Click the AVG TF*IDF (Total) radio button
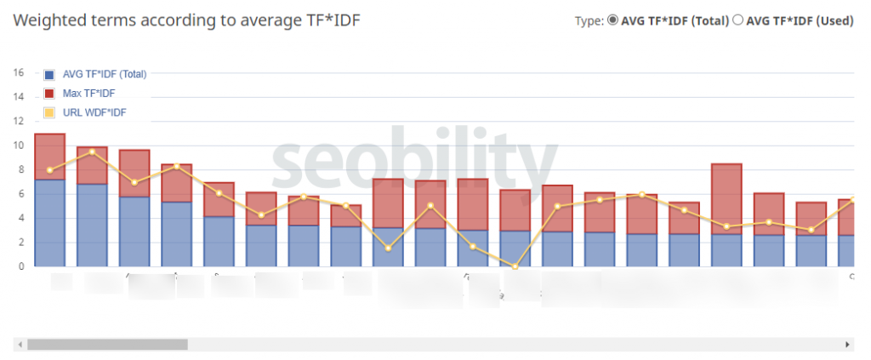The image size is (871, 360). point(612,21)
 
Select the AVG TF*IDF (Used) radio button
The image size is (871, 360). point(737,21)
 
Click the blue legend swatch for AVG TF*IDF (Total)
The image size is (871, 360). point(49,74)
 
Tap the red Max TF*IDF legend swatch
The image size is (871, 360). point(49,93)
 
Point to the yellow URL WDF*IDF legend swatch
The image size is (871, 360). point(49,112)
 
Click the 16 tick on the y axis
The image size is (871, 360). point(18,72)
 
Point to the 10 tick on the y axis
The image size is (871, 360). point(18,145)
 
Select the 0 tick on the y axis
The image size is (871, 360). point(20,266)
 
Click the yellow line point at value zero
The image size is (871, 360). point(515,266)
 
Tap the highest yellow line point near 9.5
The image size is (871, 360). point(92,151)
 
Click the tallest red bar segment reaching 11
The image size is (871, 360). point(49,157)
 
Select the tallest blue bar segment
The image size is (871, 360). point(49,223)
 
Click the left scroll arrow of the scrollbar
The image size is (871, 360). point(17,345)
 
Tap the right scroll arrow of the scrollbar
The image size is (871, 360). point(848,345)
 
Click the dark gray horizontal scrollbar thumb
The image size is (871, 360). point(106,345)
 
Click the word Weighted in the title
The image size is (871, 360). point(50,20)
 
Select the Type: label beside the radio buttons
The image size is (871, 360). point(589,21)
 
